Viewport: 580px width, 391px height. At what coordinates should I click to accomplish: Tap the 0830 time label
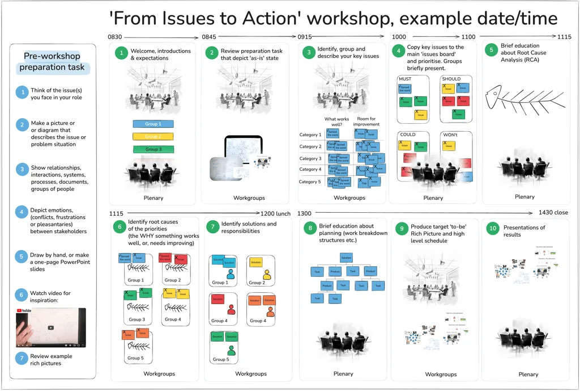[115, 37]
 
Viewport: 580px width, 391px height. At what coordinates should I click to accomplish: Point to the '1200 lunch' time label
[276, 213]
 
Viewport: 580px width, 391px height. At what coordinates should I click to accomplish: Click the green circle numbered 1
[121, 54]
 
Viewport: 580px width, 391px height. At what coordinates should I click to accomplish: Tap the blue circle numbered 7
[21, 358]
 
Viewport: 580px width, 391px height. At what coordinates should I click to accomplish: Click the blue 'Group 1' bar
[152, 124]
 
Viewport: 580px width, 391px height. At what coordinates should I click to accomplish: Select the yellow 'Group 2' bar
[152, 136]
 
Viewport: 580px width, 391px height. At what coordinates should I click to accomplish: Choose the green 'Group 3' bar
[152, 149]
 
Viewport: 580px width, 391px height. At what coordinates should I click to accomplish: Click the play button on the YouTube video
[51, 327]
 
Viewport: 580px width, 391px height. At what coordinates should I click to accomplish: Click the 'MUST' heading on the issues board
[405, 79]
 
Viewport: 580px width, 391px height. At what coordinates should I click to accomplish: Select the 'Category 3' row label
[310, 159]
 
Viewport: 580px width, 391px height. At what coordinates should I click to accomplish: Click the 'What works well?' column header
[336, 121]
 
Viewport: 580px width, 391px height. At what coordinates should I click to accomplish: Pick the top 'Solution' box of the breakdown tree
[347, 258]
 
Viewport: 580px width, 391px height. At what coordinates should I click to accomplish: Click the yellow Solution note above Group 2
[255, 263]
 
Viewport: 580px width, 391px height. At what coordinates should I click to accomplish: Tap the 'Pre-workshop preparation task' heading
[52, 61]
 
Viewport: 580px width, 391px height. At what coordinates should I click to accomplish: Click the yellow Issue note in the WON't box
[449, 146]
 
